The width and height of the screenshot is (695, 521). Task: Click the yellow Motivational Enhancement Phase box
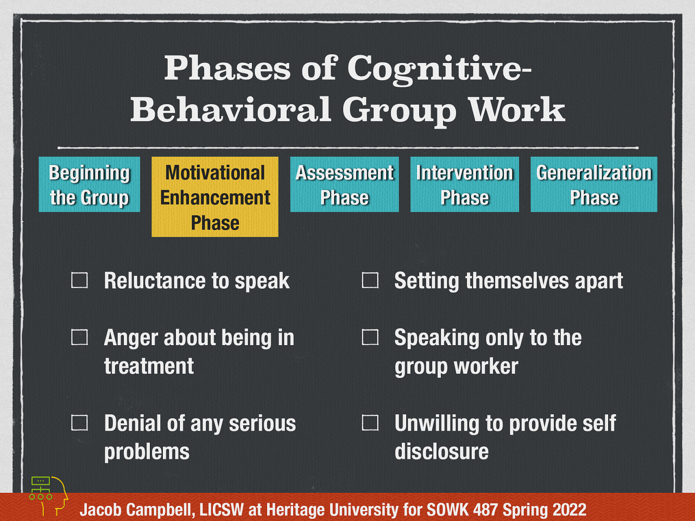(x=215, y=197)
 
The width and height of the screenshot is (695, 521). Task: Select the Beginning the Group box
(x=89, y=185)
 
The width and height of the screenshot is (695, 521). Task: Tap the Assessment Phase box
(x=344, y=185)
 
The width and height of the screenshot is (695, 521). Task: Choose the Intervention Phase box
(x=465, y=185)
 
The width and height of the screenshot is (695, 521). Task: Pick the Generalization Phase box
(x=594, y=185)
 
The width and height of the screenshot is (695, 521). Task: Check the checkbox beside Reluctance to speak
(x=79, y=280)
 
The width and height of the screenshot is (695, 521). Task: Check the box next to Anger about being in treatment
(x=79, y=337)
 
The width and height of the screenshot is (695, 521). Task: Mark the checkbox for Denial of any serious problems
(x=79, y=422)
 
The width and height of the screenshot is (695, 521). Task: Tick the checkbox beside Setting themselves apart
(x=370, y=280)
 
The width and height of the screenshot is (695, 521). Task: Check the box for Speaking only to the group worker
(x=370, y=337)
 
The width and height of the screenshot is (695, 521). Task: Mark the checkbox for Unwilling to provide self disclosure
(x=370, y=422)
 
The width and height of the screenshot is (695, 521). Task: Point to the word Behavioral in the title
(x=230, y=109)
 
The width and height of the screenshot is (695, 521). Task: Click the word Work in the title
(x=517, y=109)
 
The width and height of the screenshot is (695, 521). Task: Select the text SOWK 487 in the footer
(x=462, y=510)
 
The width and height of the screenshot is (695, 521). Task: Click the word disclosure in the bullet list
(x=441, y=452)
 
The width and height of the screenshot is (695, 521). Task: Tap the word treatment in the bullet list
(x=149, y=366)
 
